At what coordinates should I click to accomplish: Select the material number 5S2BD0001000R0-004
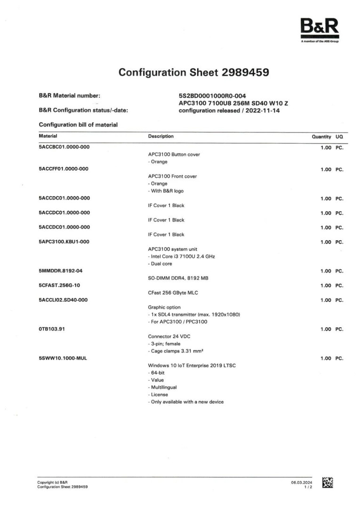click(213, 96)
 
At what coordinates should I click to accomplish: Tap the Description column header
click(160, 136)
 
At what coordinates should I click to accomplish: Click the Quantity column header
click(321, 136)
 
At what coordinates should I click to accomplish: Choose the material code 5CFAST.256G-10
click(59, 286)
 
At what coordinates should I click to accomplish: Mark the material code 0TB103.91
click(52, 329)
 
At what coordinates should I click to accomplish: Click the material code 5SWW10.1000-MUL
click(63, 358)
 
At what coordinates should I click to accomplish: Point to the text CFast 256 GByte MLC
click(173, 293)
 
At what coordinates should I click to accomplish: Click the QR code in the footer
click(328, 483)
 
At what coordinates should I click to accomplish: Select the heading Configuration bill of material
click(78, 125)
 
